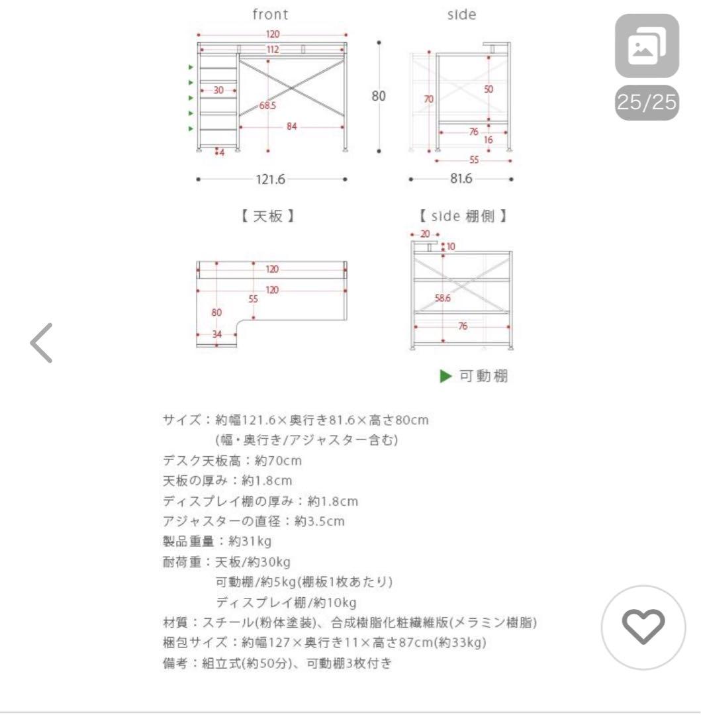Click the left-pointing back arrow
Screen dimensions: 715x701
41,342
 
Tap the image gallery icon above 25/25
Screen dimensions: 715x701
647,46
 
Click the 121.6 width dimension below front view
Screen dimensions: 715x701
271,179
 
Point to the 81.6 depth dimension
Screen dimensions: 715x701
461,179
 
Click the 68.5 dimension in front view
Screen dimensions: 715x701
267,106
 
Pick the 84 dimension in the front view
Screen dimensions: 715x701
291,126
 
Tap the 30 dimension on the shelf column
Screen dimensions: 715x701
218,90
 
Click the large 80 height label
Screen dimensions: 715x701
378,95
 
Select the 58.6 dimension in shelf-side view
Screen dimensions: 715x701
443,299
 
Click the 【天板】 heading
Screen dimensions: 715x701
267,216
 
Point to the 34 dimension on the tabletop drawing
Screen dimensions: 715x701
216,334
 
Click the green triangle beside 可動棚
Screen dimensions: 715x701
446,377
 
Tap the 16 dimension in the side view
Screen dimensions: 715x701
488,140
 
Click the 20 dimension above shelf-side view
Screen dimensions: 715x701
425,234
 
